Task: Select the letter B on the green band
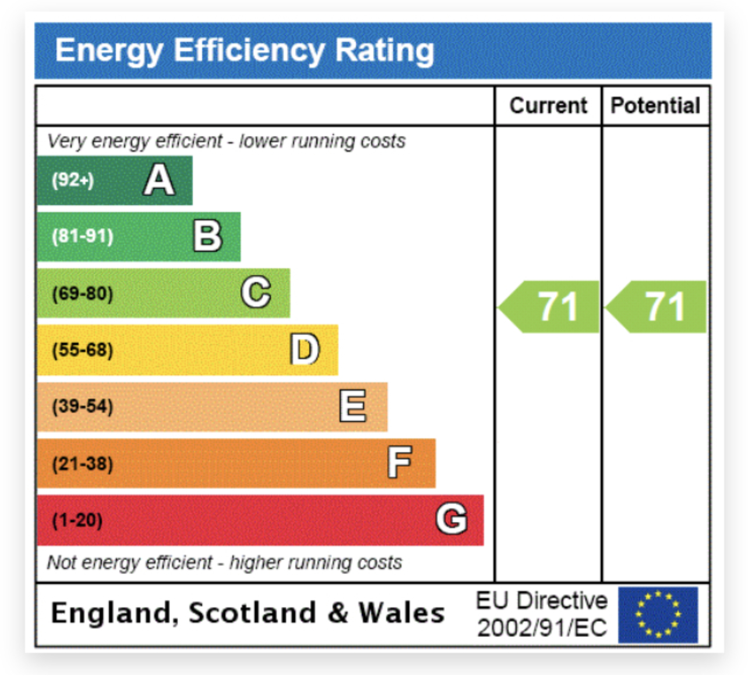coord(207,236)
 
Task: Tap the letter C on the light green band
coord(256,293)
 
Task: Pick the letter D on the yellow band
coord(305,350)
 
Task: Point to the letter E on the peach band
coord(353,406)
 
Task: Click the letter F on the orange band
coord(400,463)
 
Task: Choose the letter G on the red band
coord(451,519)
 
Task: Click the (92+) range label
coord(73,180)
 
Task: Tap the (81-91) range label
coord(83,237)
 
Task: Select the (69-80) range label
coord(83,293)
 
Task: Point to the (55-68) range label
coord(83,350)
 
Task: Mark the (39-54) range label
coord(83,406)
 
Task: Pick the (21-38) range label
coord(83,464)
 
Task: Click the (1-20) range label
coord(77,520)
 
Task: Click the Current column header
coord(548,106)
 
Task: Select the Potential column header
coord(655,106)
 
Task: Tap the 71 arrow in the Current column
coord(551,307)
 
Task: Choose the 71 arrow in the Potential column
coord(658,307)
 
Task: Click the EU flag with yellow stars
coord(658,615)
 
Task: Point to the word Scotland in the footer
coord(252,613)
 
